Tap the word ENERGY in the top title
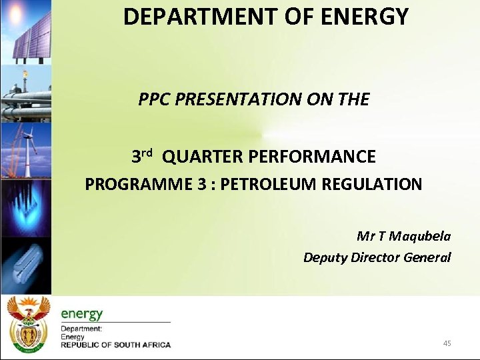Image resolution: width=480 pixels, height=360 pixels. coord(365,17)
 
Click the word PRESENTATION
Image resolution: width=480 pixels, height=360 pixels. coord(237,100)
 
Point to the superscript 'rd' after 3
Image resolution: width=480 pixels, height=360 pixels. coord(147,153)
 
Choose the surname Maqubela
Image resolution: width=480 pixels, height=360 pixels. coord(420,236)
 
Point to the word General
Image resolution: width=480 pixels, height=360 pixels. coord(426,257)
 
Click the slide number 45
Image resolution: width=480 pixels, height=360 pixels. coord(447,343)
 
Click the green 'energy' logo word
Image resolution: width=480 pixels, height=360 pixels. coord(82,313)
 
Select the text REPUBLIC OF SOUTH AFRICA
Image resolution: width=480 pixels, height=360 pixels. coord(115,345)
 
